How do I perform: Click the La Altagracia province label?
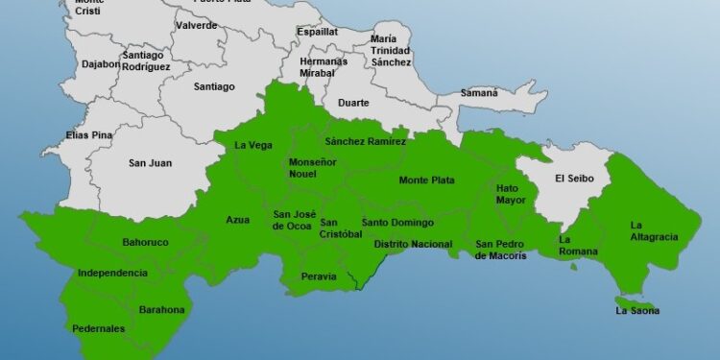point(654,230)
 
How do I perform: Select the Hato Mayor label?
point(512,195)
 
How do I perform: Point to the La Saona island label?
point(637,310)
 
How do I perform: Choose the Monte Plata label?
point(426,180)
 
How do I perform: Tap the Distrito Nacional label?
point(413,244)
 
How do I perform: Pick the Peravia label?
point(318,276)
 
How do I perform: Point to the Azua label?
point(237,220)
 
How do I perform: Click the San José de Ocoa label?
point(292,220)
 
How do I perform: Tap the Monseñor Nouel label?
point(313,168)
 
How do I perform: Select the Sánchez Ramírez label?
point(366,141)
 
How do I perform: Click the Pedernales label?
point(99,328)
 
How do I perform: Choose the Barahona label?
point(161,309)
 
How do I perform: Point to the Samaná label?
point(479,93)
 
